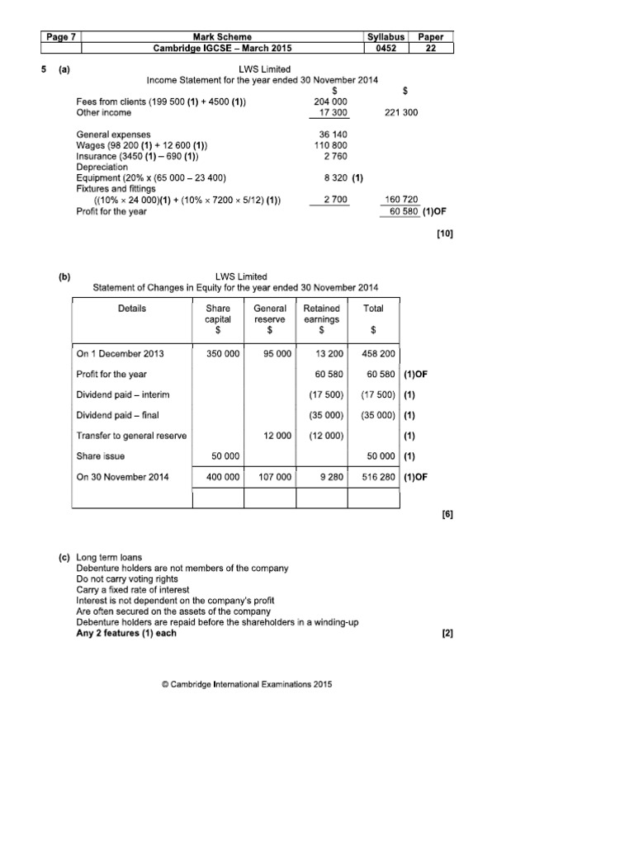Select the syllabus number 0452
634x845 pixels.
tap(386, 49)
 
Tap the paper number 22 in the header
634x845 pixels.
tap(433, 49)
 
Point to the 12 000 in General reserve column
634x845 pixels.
tap(277, 436)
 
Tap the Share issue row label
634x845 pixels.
tap(101, 456)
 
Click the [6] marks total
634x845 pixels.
tap(447, 514)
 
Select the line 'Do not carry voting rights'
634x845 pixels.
tap(133, 579)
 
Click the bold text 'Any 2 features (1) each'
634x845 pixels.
tap(126, 633)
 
